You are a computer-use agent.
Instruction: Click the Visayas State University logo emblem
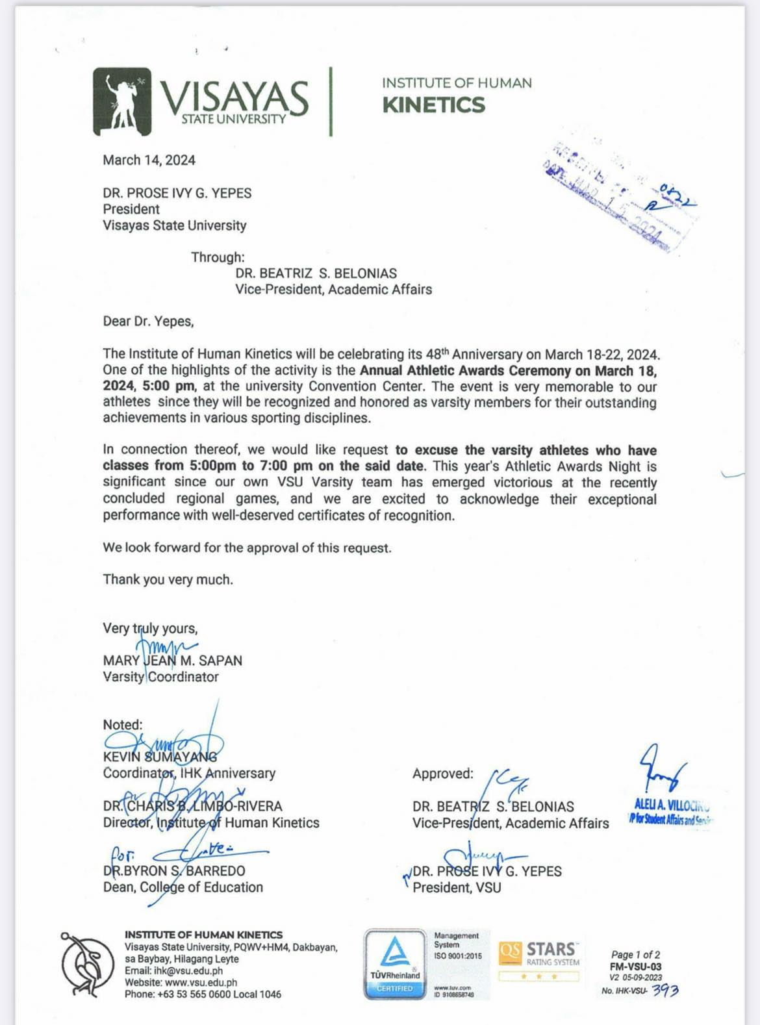point(123,101)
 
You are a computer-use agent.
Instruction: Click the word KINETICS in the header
point(433,105)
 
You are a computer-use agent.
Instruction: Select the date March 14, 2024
point(149,160)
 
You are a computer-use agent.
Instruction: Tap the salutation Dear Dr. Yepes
point(148,322)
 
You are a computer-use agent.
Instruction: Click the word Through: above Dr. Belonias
point(218,257)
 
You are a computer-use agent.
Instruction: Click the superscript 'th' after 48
point(446,351)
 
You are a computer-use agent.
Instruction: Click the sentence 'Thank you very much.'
point(168,579)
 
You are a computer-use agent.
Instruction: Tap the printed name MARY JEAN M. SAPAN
point(172,661)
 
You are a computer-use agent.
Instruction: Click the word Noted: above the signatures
point(122,725)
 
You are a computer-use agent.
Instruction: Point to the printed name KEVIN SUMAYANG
point(160,757)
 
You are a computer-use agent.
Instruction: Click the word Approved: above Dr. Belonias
point(442,774)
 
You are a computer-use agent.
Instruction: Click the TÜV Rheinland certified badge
point(394,965)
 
